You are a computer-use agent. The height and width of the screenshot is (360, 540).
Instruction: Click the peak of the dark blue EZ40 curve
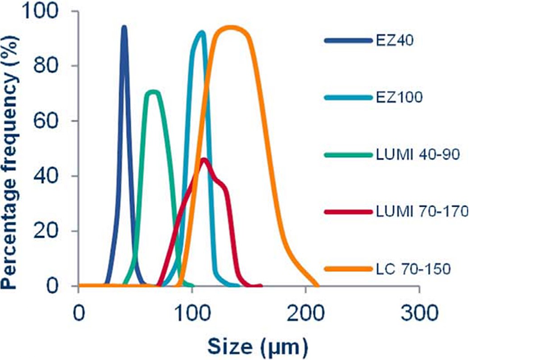124,27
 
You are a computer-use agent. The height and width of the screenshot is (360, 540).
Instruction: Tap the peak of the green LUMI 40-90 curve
153,92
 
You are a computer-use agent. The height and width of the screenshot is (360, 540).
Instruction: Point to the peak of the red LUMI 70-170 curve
204,159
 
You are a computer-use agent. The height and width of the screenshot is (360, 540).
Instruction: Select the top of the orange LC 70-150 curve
229,27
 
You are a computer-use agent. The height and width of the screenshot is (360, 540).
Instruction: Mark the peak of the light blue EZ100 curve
202,32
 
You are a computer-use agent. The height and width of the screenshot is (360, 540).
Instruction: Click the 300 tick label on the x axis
419,313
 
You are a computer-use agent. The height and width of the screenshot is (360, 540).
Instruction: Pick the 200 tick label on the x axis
306,313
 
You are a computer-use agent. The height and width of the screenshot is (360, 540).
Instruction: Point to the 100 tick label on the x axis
192,313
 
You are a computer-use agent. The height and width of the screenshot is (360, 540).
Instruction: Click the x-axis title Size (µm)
258,345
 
